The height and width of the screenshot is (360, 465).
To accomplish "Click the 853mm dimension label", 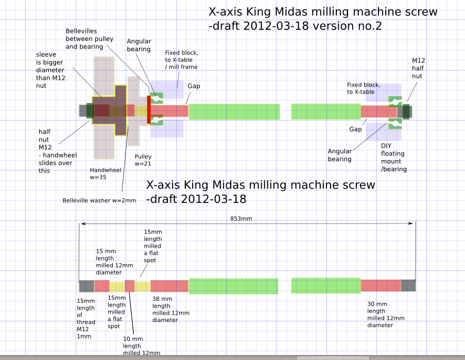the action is [241, 218].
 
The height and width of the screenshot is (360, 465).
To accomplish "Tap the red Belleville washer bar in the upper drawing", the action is [149, 109].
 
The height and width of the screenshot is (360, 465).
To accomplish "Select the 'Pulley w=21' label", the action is [143, 160].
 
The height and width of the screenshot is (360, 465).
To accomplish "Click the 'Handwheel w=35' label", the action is [105, 174].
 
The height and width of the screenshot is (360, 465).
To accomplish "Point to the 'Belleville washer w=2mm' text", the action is [99, 200].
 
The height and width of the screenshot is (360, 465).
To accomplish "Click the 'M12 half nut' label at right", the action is [418, 68].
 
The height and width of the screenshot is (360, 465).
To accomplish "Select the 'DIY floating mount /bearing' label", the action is [393, 158].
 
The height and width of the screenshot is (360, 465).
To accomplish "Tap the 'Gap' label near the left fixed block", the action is [194, 86].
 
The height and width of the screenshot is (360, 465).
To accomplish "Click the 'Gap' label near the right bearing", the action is [355, 129].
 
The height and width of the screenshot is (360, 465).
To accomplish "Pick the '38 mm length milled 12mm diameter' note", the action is [171, 310].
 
